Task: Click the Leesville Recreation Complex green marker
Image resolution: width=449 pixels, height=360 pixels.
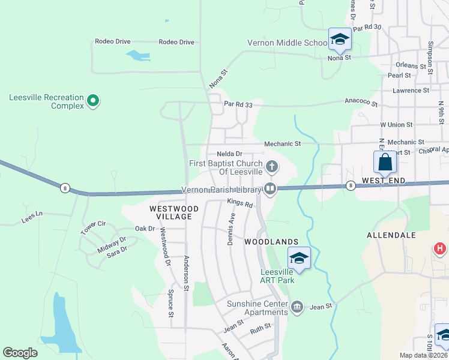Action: [92, 101]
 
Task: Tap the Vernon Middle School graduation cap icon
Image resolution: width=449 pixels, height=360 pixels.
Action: [340, 40]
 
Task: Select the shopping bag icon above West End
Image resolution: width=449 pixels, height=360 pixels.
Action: [384, 162]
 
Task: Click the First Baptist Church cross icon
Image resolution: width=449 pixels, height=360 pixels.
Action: [271, 166]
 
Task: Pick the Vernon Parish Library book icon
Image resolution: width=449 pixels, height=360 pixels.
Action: [270, 189]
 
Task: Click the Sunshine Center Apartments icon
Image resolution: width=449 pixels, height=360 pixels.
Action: [297, 308]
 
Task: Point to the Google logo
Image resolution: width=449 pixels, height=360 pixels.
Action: [20, 353]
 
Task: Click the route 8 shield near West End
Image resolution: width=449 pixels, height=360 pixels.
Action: [351, 185]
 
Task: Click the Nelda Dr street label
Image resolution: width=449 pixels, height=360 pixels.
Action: [229, 154]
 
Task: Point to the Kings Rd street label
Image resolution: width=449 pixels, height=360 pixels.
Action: [240, 203]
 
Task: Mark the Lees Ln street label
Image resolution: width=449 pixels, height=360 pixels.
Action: [31, 214]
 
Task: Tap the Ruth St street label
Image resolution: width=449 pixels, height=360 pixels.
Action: [261, 328]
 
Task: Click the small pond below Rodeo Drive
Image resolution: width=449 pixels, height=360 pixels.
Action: [137, 56]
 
